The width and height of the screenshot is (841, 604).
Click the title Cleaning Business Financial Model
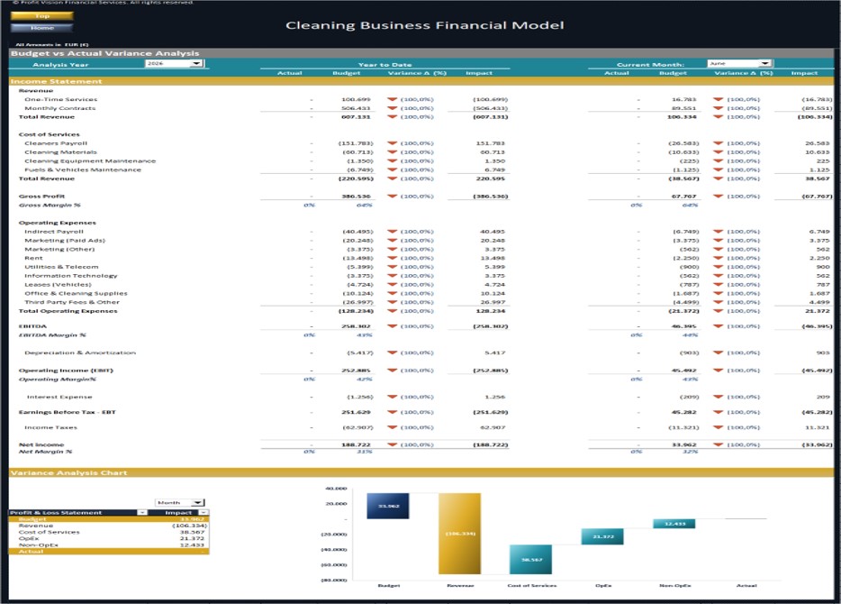pyautogui.click(x=425, y=24)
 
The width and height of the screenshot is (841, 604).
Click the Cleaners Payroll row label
pyautogui.click(x=55, y=143)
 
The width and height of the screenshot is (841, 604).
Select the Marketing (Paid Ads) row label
pyautogui.click(x=64, y=241)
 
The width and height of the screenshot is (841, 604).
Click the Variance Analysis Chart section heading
pyautogui.click(x=68, y=472)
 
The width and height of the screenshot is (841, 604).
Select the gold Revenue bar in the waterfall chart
pyautogui.click(x=459, y=534)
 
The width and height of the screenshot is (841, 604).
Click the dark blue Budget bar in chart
pyautogui.click(x=388, y=506)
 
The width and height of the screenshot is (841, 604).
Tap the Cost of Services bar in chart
pyautogui.click(x=530, y=559)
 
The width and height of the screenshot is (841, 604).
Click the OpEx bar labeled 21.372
pyautogui.click(x=601, y=536)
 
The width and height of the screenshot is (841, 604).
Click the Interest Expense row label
pyautogui.click(x=59, y=397)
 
